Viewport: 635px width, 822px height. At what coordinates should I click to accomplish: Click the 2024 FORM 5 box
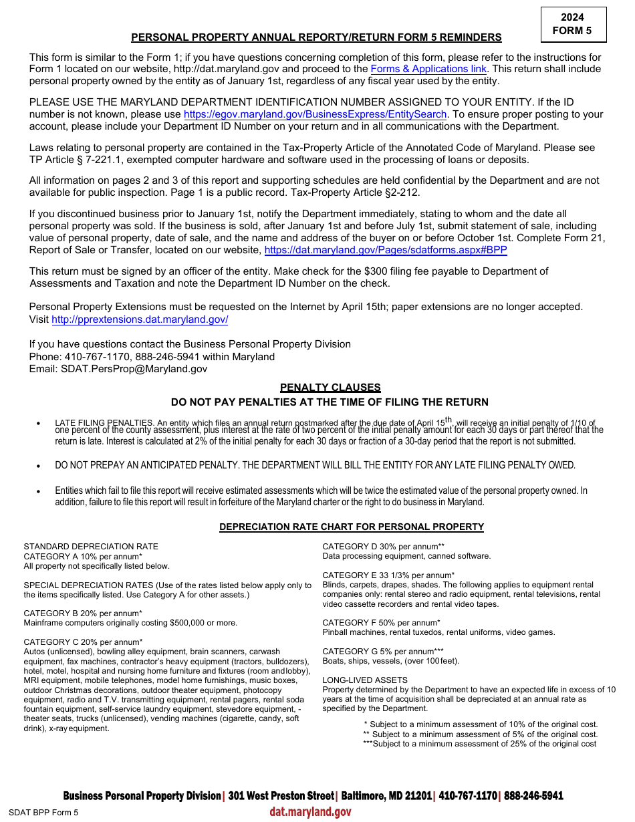coord(573,24)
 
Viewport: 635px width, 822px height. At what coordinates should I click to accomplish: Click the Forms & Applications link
coord(428,69)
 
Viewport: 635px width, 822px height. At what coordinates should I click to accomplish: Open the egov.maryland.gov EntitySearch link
coord(315,114)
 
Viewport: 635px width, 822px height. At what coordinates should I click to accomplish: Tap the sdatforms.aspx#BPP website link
coord(386,250)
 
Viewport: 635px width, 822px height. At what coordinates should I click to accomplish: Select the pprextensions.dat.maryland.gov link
coord(140,319)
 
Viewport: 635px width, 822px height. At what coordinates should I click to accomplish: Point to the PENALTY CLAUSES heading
coord(330,388)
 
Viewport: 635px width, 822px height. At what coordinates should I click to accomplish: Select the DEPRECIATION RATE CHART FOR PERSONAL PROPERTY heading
coord(351,527)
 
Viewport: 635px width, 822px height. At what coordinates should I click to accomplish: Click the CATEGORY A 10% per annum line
coord(83,556)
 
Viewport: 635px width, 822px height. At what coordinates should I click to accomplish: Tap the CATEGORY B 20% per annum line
coord(83,613)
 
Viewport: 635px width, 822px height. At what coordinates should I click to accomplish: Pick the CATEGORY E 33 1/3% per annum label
coord(388,575)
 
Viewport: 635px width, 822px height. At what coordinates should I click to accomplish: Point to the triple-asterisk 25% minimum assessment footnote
coord(479,744)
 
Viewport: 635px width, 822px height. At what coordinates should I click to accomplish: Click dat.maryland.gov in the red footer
coord(310,811)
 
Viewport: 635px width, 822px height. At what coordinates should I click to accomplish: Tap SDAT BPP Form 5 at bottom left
coord(43,813)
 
